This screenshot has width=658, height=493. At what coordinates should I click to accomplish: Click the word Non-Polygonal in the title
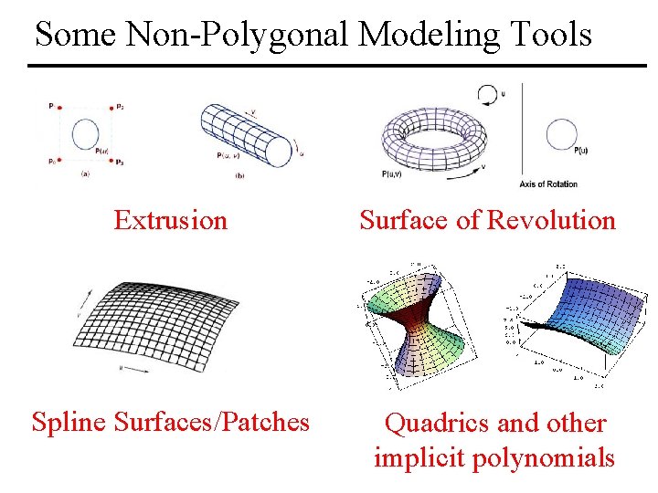(x=235, y=35)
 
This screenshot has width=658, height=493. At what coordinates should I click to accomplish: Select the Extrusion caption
(x=170, y=220)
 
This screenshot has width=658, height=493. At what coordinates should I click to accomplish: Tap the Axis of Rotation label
(x=548, y=184)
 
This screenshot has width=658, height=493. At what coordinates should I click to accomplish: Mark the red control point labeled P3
(x=111, y=161)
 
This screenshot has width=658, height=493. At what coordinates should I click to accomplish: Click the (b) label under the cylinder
(x=239, y=175)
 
